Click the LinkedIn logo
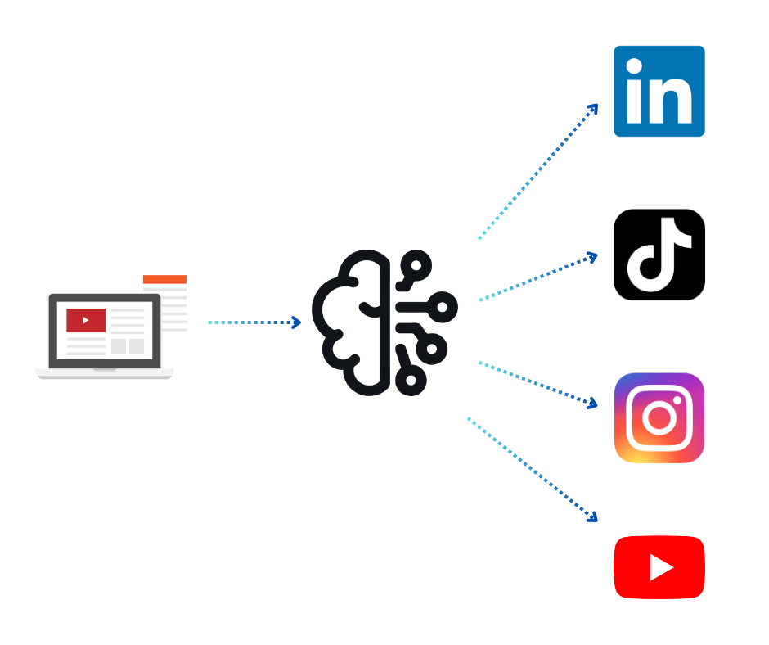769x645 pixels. (659, 91)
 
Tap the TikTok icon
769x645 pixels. (659, 255)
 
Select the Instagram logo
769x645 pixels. (659, 418)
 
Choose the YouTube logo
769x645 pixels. (659, 567)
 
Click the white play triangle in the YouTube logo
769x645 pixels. (660, 567)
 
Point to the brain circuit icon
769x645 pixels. (384, 322)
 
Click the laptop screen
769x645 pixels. (105, 331)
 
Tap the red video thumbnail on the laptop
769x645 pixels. (86, 320)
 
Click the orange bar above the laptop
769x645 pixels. (164, 279)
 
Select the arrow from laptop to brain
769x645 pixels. (254, 322)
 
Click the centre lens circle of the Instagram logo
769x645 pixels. (659, 418)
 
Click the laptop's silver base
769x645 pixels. (105, 374)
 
